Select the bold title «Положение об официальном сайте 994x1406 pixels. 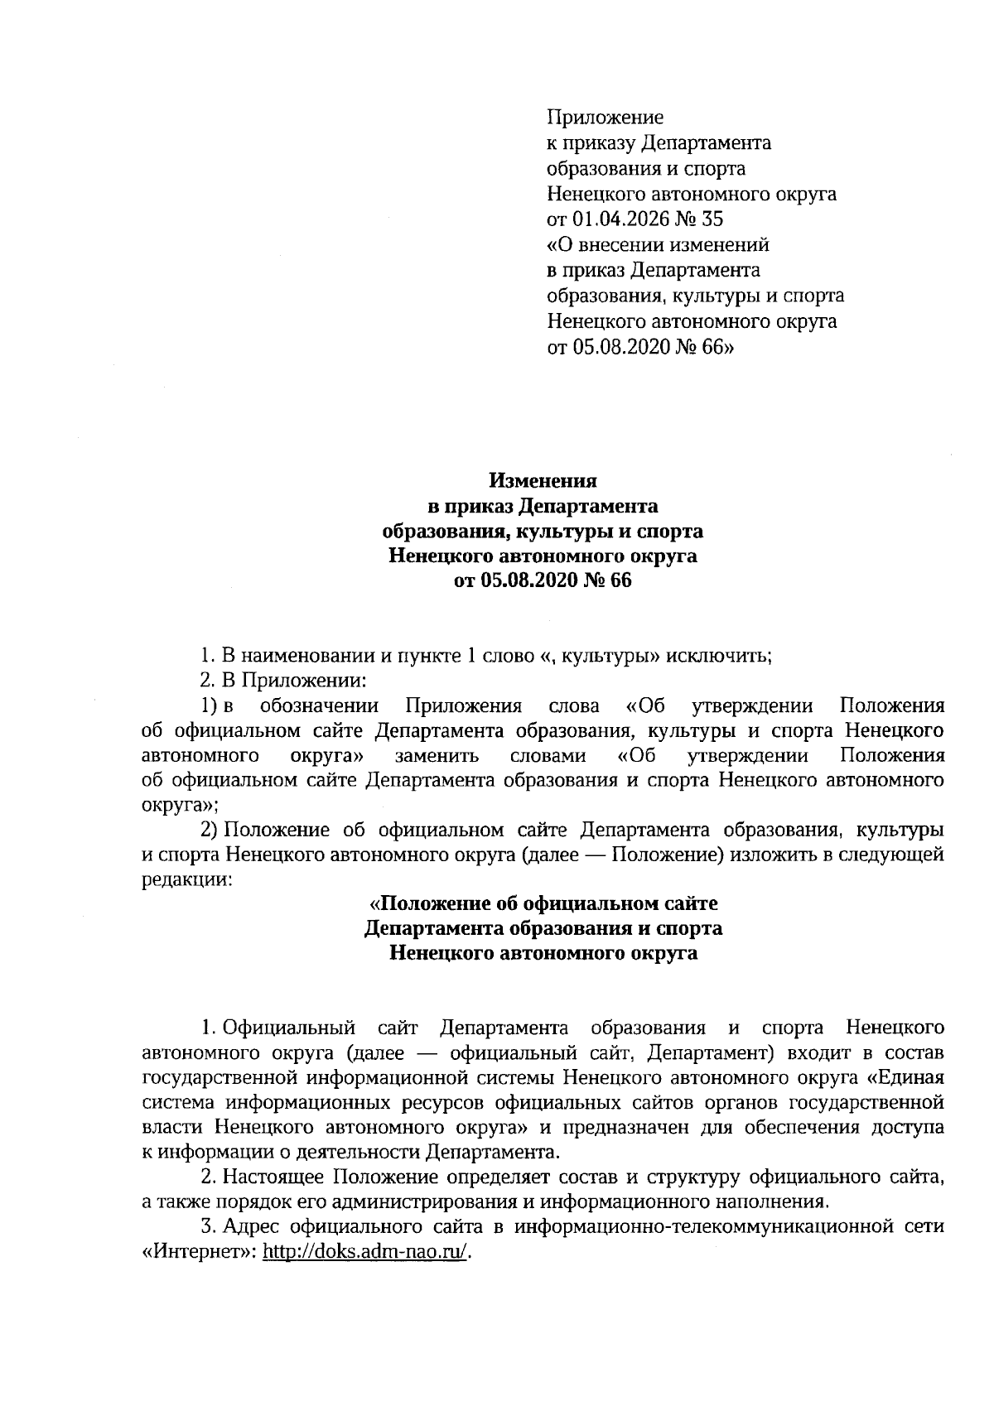pyautogui.click(x=543, y=903)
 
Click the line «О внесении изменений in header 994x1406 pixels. pyautogui.click(x=659, y=245)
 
